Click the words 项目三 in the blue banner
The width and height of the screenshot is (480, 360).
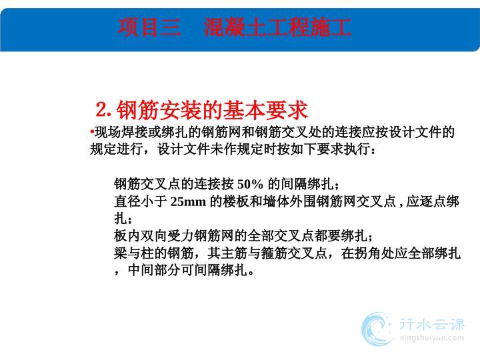pos(149,27)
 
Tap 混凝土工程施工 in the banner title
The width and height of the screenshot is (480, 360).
pos(277,27)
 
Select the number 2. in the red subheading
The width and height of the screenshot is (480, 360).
pos(103,109)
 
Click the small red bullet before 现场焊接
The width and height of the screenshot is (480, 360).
pos(92,132)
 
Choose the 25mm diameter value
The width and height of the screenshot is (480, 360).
pos(188,201)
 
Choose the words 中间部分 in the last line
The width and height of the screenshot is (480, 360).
pos(154,270)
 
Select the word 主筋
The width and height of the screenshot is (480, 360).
pos(234,253)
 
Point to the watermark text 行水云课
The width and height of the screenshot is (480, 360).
pos(432,324)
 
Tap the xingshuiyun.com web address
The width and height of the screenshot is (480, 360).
pos(432,338)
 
